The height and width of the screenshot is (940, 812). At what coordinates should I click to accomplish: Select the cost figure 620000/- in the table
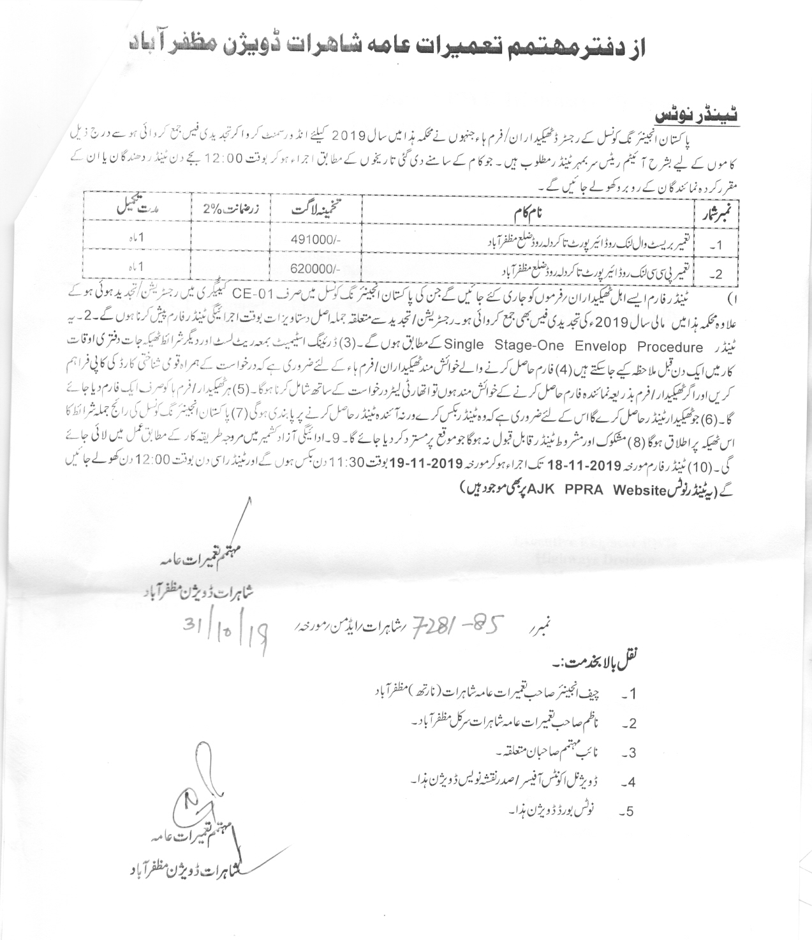coord(316,269)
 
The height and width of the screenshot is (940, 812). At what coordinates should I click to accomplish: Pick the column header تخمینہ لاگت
coord(316,209)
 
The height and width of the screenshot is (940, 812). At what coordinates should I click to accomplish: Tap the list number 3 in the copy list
coord(630,753)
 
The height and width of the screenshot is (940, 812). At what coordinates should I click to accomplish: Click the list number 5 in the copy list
coord(630,812)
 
